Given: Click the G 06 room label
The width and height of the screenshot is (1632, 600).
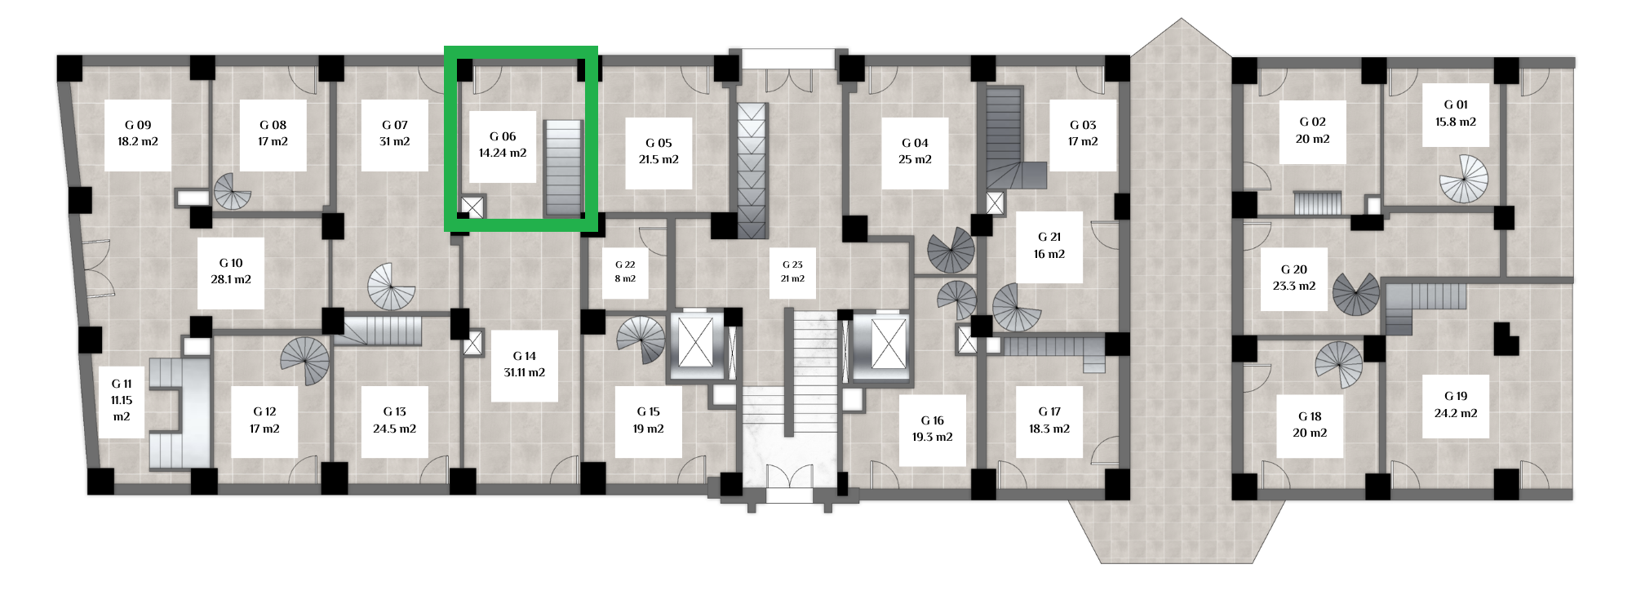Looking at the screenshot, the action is coord(503,144).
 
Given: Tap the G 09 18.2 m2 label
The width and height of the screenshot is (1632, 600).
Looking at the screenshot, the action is coord(138,133).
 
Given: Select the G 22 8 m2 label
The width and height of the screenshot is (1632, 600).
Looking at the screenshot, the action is coord(625,271).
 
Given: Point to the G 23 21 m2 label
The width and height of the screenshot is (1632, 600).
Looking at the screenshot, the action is coord(792,271).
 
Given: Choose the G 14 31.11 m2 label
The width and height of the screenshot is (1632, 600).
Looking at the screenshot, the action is coord(525,364).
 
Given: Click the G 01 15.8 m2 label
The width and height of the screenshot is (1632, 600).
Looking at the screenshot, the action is coord(1456,113).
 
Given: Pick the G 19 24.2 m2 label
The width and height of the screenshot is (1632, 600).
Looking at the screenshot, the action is coord(1456,404).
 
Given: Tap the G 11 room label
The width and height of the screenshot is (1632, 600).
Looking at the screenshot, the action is coord(122,400).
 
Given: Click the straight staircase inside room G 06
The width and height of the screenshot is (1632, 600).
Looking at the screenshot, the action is coord(564,168).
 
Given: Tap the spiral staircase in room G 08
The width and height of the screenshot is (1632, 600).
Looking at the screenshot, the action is coord(233,192).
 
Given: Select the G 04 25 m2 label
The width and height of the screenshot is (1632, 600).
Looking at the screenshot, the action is coord(915,151).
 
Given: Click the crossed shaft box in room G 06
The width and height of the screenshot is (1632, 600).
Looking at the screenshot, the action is coord(472,207).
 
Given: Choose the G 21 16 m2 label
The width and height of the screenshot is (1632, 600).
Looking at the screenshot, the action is coord(1049,245).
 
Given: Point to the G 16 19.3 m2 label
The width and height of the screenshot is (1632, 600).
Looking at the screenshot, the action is coord(933,429).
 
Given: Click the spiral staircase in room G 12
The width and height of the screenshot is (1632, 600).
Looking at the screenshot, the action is coord(305,361).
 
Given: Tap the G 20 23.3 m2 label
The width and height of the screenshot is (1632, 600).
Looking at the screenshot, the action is coord(1294,278).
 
